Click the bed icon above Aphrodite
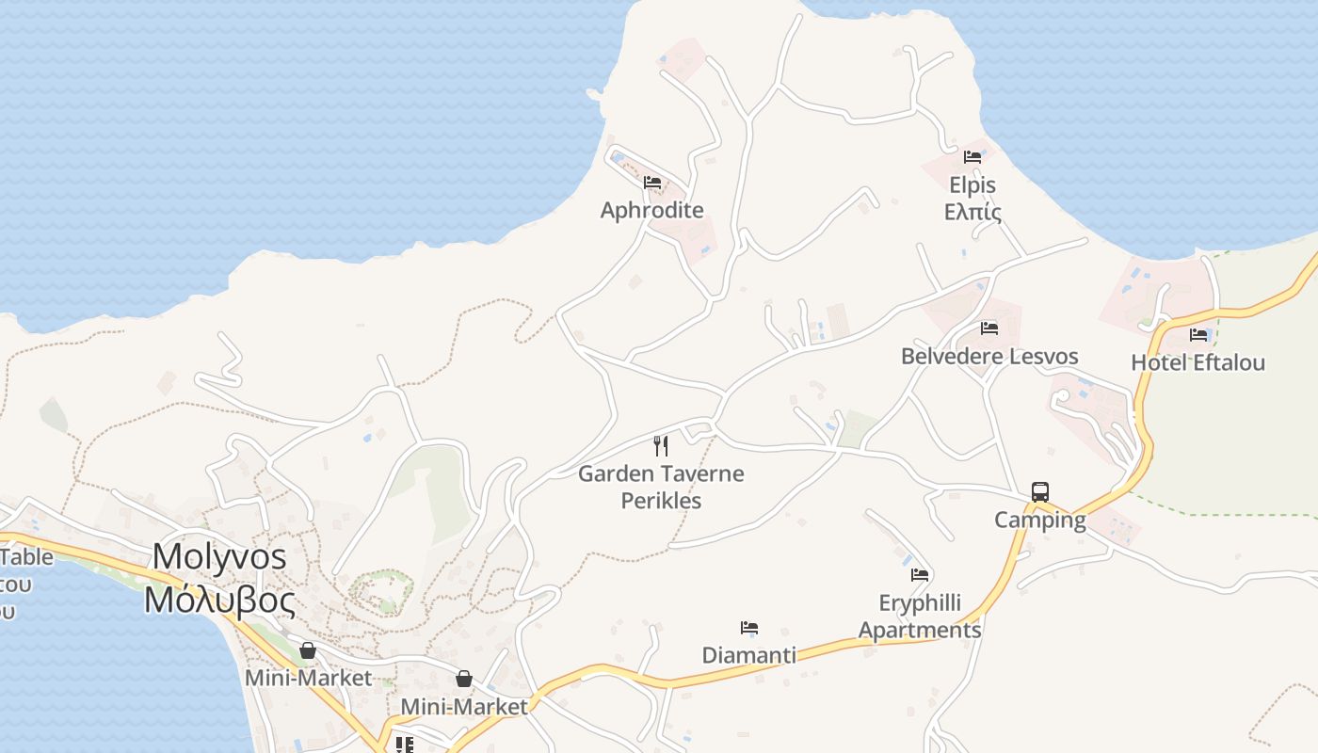[652, 183]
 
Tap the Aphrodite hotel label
[651, 210]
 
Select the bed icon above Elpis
[972, 157]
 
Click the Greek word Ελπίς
[972, 211]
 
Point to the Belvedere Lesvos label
[989, 357]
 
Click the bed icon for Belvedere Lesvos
[989, 328]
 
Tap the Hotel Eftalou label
[1197, 362]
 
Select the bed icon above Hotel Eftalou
[1198, 334]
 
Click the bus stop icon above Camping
[1040, 492]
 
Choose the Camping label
[1040, 520]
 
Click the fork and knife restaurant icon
[661, 445]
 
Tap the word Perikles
[661, 501]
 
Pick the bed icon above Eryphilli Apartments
[920, 575]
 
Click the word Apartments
[920, 630]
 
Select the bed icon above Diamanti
[749, 628]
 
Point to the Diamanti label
[749, 655]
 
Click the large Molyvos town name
[219, 556]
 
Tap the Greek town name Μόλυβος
[219, 600]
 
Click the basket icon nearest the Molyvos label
[308, 650]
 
